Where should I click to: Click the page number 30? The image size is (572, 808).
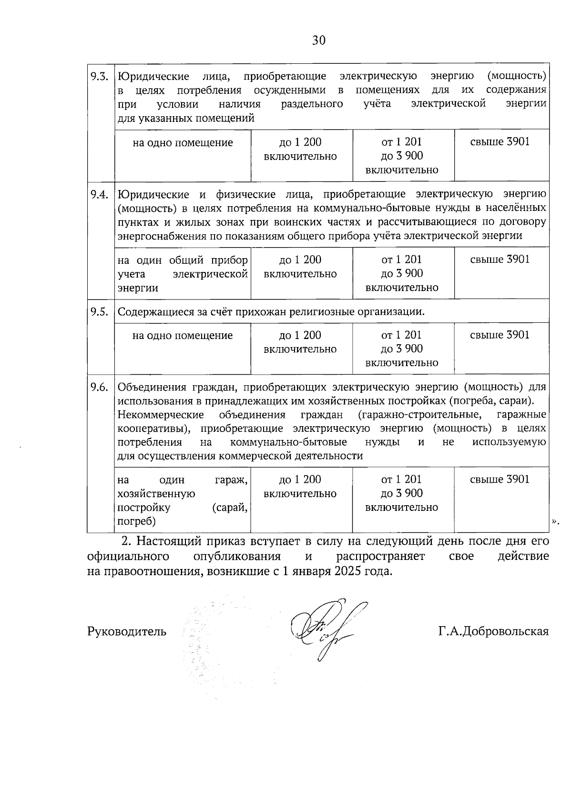318,40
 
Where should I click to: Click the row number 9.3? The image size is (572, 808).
100,76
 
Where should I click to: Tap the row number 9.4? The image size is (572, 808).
100,194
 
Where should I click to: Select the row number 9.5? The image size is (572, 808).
100,312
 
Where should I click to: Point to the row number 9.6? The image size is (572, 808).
100,387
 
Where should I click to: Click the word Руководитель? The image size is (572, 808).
127,632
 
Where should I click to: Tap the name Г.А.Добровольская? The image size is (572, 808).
493,632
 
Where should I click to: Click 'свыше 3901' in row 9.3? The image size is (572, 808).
500,142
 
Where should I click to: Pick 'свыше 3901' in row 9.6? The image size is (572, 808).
500,479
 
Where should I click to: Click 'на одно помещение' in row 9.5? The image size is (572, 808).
183,335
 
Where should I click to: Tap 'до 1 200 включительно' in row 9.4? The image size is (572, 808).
300,267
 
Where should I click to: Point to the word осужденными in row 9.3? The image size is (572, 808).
289,90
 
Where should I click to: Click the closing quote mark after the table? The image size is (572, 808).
554,521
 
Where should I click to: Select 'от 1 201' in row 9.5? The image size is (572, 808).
401,335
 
